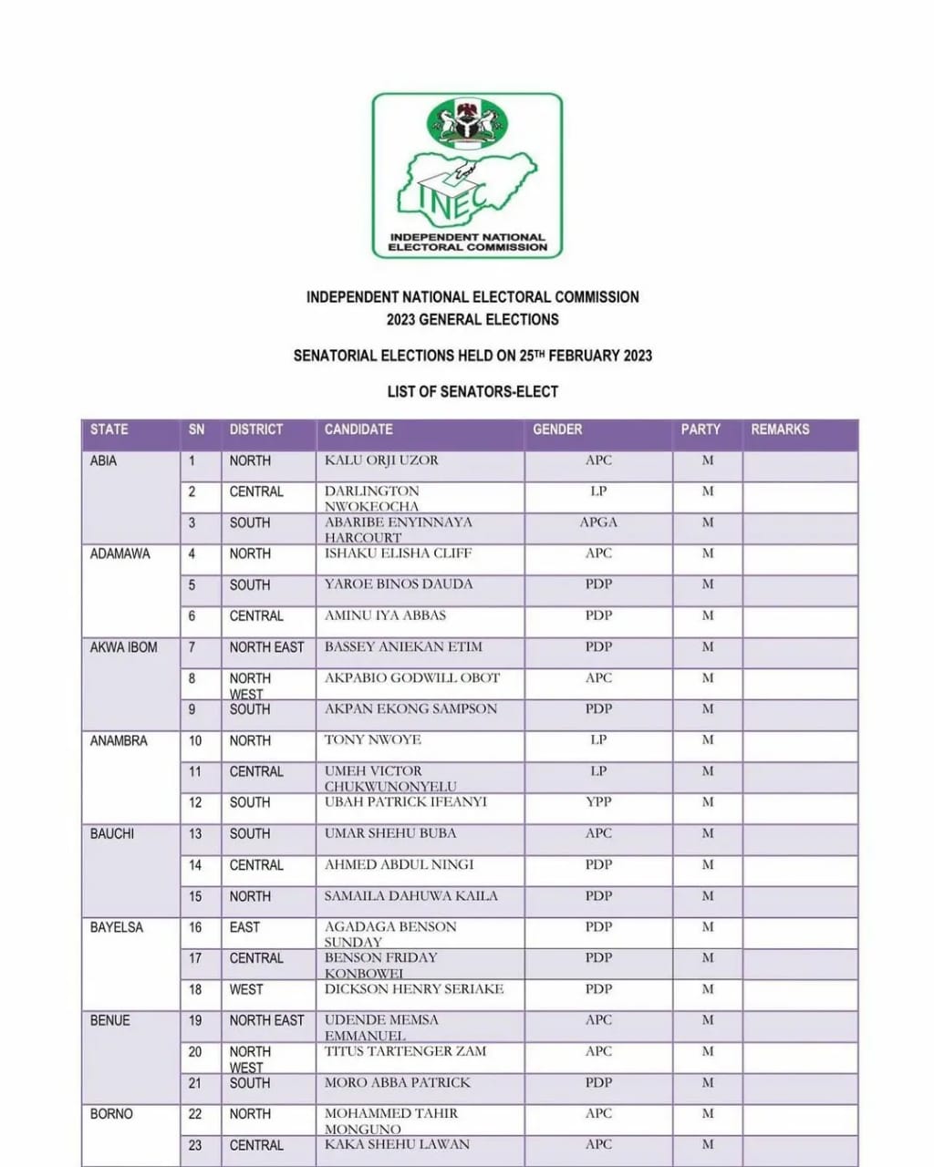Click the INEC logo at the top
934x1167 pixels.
click(467, 175)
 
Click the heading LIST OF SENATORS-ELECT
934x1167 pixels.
click(472, 391)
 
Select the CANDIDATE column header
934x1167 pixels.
click(358, 429)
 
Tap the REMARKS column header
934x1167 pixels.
click(780, 429)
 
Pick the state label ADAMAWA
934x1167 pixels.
click(119, 553)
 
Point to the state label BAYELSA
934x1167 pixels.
click(117, 927)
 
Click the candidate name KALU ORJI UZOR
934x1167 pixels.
click(381, 460)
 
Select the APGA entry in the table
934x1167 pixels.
click(598, 522)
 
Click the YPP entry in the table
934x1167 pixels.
click(598, 802)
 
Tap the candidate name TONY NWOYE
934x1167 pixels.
click(372, 739)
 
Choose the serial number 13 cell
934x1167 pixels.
click(195, 833)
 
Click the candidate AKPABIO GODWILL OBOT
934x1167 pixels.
click(412, 677)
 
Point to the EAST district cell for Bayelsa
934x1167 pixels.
click(244, 927)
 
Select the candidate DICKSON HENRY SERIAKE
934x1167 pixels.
click(414, 989)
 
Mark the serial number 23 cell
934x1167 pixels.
click(195, 1145)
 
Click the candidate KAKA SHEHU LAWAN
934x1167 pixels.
click(397, 1144)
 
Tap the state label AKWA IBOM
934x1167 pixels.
click(123, 647)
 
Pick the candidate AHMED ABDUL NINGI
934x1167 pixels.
click(400, 864)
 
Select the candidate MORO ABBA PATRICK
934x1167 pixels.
click(398, 1083)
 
